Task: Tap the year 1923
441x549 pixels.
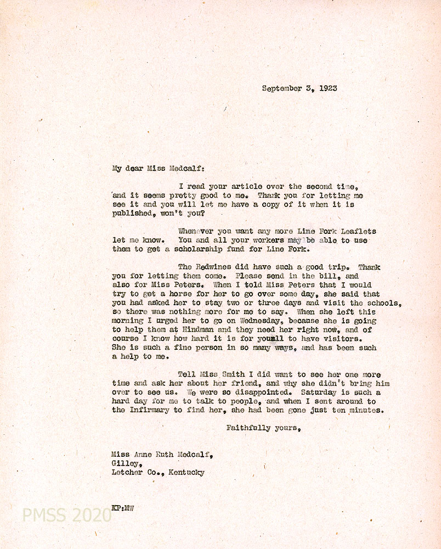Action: coord(326,88)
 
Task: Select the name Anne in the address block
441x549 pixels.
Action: coord(145,455)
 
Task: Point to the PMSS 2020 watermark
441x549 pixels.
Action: coord(66,515)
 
